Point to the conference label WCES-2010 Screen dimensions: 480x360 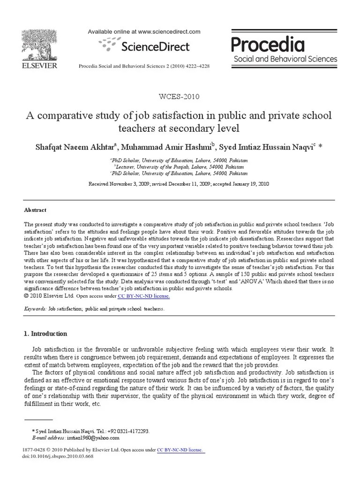point(180,97)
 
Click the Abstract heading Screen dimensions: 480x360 point(35,210)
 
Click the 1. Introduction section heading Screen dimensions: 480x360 point(45,334)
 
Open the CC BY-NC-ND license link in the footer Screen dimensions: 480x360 point(180,450)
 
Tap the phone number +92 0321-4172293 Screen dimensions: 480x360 point(130,431)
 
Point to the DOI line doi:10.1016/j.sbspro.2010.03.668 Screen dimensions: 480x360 point(59,457)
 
